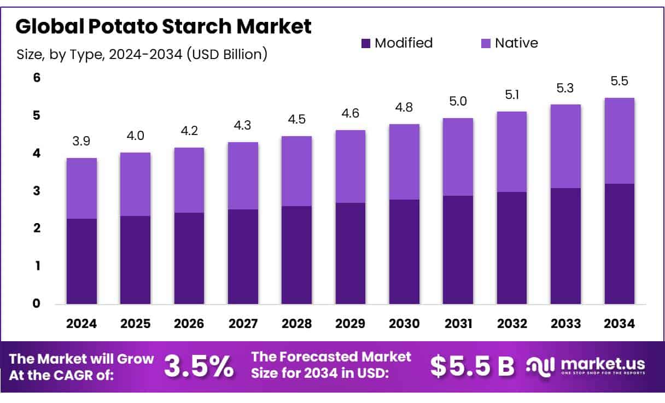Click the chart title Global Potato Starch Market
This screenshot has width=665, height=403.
coord(164,26)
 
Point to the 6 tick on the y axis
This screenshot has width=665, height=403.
coord(37,78)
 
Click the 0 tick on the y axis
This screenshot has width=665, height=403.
coord(37,303)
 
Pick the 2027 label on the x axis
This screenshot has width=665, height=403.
coord(243,324)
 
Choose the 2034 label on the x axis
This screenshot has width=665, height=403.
coord(620,324)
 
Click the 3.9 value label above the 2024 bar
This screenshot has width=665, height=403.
coord(81,142)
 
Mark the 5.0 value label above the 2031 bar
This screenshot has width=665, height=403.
coord(458,102)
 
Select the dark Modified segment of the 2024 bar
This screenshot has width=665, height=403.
coord(81,261)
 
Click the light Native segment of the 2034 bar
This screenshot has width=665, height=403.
coord(620,141)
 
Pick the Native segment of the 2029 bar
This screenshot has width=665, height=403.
coord(350,166)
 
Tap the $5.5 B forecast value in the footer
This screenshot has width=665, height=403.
coord(472,366)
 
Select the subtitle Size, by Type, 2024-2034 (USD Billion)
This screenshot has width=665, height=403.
coord(142,54)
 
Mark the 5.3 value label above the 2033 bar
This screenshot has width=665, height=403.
coord(565,88)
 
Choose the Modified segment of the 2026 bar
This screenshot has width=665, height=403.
coord(189,258)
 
